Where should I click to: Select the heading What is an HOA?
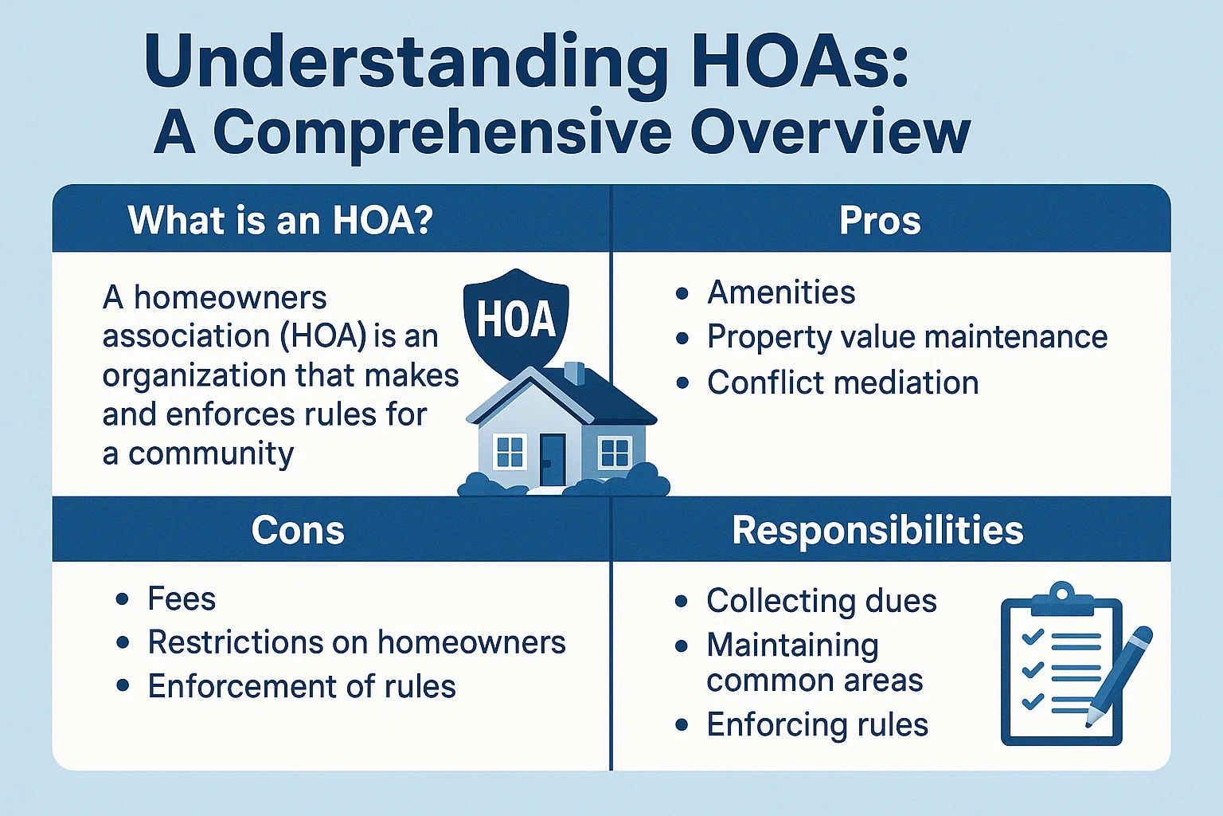(x=280, y=221)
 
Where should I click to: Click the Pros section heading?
(x=880, y=221)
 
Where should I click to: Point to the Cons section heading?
(x=298, y=530)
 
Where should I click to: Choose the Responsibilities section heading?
(x=877, y=530)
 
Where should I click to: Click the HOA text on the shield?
(x=516, y=320)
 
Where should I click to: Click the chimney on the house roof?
(x=574, y=373)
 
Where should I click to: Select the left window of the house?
(x=510, y=452)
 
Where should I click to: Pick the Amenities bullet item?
(x=781, y=292)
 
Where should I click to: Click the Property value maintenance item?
(x=907, y=337)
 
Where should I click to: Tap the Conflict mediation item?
(x=842, y=382)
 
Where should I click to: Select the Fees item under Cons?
(x=182, y=598)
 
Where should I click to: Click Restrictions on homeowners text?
(x=357, y=642)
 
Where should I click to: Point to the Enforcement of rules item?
(x=302, y=686)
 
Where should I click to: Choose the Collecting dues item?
(x=821, y=601)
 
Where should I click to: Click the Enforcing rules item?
(x=817, y=725)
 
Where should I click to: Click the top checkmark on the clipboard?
(x=1033, y=636)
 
